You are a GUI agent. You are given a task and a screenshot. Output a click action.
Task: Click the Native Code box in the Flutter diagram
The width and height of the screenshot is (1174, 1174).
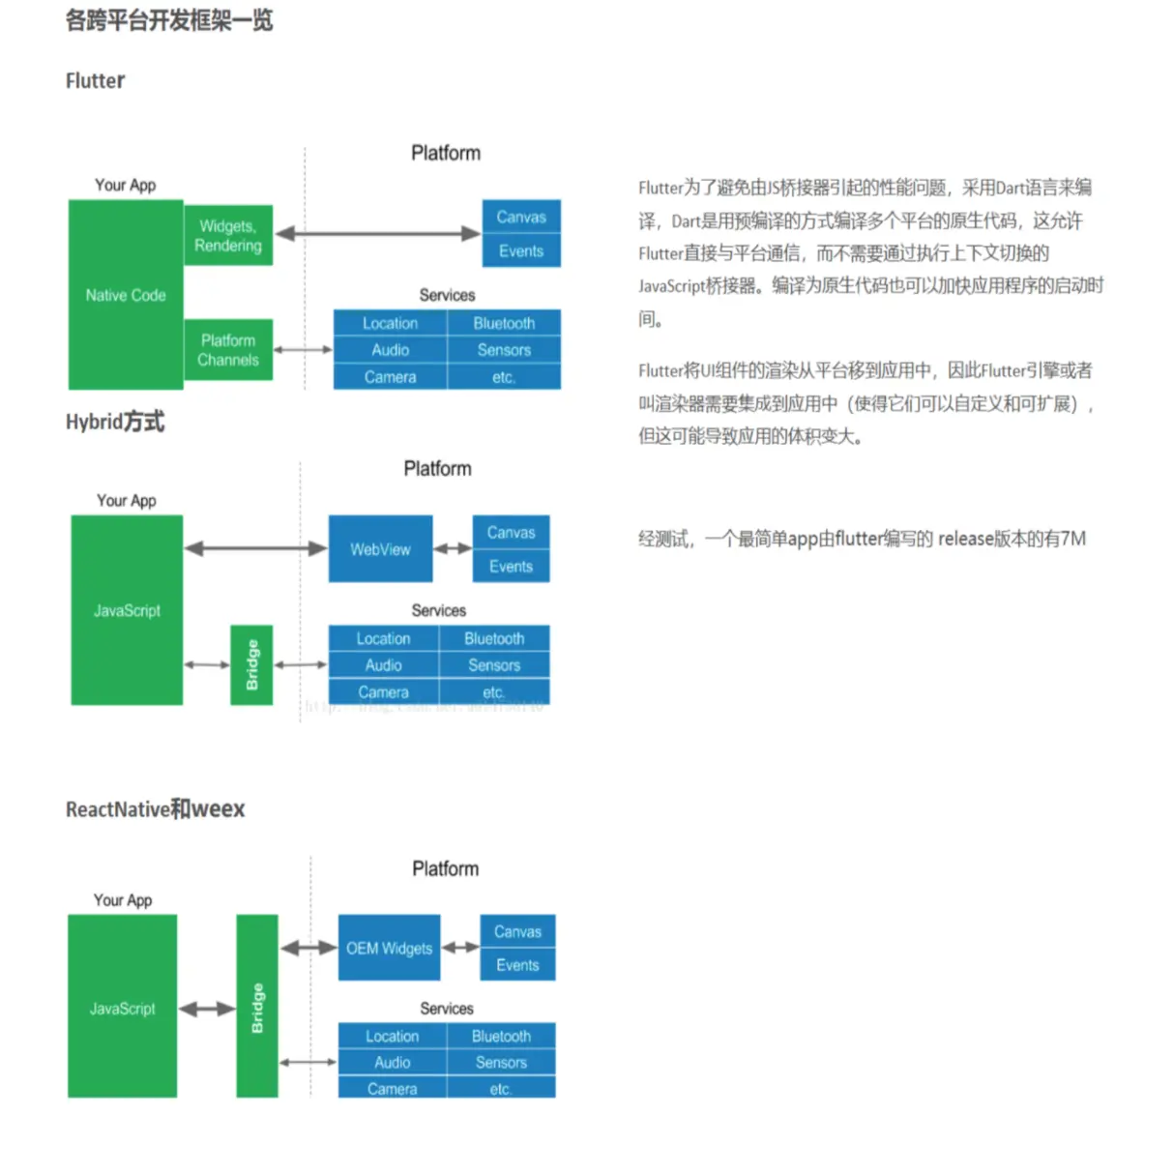[x=126, y=295]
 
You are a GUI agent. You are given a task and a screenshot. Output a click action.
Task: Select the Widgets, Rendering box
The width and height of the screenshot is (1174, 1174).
[x=228, y=235]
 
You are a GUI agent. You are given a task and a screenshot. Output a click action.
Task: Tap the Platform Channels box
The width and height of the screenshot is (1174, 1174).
[x=228, y=349]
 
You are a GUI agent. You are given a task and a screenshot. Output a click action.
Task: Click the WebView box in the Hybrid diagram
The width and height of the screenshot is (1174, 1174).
[x=380, y=548]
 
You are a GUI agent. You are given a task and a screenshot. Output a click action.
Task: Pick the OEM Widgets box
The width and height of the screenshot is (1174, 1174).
[x=389, y=948]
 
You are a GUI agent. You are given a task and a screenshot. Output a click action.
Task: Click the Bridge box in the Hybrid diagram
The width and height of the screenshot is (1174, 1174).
[x=251, y=665]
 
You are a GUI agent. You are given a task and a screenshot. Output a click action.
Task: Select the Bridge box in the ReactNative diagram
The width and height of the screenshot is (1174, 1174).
[x=257, y=1006]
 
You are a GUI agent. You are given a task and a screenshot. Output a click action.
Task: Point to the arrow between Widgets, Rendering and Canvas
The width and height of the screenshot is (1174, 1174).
[x=377, y=233]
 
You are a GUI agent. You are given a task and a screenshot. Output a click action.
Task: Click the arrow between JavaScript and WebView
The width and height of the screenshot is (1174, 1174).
[x=255, y=548]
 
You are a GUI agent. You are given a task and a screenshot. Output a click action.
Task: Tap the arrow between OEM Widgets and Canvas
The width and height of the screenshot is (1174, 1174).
[x=460, y=948]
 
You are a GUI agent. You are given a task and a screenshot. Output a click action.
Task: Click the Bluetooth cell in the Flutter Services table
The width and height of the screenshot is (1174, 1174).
[x=504, y=323]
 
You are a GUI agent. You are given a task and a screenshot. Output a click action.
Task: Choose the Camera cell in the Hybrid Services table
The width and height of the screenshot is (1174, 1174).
[x=384, y=692]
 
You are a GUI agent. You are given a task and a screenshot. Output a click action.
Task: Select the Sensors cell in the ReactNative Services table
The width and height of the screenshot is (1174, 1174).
[x=501, y=1062]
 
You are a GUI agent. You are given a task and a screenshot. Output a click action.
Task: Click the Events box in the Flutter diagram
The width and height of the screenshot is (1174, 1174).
[x=521, y=251]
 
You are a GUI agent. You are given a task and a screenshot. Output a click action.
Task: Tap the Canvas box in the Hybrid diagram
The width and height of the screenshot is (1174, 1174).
[x=511, y=533]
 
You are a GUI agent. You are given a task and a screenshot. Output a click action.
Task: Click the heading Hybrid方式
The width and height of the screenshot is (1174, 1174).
[x=115, y=422]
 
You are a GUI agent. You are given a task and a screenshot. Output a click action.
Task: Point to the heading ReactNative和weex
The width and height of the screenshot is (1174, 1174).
[x=155, y=809]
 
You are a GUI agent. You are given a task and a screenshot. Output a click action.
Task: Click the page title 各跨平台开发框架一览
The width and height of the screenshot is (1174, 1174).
[x=169, y=20]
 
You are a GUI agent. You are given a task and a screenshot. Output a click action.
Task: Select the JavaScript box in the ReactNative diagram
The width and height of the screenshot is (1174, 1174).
[x=122, y=1008]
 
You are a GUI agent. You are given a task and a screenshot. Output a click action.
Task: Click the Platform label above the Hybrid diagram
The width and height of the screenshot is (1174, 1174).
[x=437, y=469]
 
